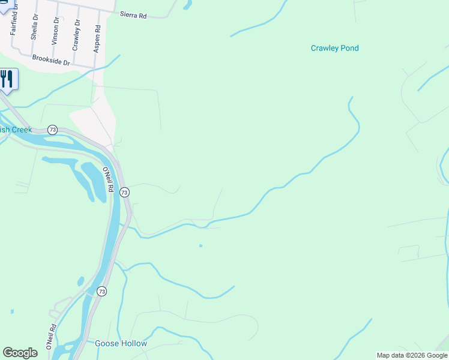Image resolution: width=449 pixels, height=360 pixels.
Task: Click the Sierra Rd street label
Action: [x=133, y=15]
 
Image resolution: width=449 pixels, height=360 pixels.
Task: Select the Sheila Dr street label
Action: [x=34, y=28]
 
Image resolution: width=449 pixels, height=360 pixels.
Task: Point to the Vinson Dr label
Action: [x=55, y=32]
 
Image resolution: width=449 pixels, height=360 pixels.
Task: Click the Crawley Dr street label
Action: [x=76, y=37]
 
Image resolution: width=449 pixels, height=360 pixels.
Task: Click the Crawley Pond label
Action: [x=334, y=48]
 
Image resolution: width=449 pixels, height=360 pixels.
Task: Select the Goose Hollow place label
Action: [x=121, y=344]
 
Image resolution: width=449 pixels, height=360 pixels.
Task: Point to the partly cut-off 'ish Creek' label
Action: [x=16, y=129]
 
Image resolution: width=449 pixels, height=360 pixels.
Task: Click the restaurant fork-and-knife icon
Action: [x=7, y=79]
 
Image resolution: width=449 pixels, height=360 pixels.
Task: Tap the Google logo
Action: [x=20, y=353]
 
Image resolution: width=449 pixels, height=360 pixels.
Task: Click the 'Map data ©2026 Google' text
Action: [x=412, y=355]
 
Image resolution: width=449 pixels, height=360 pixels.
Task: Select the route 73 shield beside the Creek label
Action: [x=53, y=130]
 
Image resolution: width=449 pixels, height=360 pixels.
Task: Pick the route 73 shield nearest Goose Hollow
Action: [x=102, y=291]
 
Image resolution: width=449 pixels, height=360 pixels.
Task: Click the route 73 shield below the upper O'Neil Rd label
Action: [x=124, y=192]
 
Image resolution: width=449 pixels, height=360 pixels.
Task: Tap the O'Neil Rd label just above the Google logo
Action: [x=50, y=337]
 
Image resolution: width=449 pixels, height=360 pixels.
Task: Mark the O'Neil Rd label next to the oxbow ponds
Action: [x=107, y=179]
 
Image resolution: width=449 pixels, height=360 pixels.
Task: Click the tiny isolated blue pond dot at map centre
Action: [x=200, y=245]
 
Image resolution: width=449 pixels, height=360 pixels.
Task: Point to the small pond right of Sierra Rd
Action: [x=187, y=5]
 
